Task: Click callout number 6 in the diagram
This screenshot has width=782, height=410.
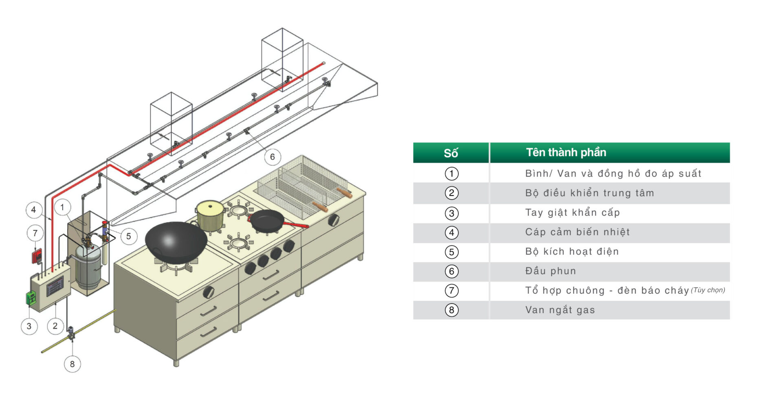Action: (x=272, y=157)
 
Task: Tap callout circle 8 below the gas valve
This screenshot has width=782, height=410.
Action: (x=72, y=364)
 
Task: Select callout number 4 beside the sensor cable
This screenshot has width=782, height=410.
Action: (x=33, y=210)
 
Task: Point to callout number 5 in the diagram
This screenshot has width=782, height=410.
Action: (x=129, y=236)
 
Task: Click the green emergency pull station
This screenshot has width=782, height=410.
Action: (x=31, y=298)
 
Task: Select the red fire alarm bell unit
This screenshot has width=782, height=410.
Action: (x=37, y=256)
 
